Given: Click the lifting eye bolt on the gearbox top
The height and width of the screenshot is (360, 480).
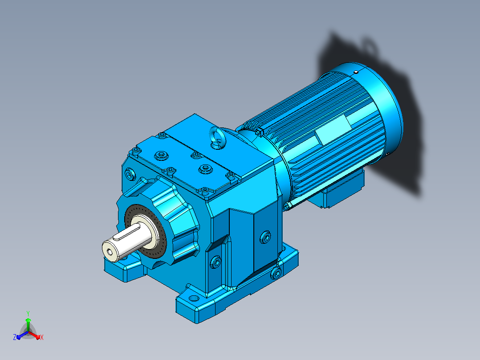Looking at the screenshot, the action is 216,137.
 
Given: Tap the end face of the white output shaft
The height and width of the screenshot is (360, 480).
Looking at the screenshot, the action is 110,251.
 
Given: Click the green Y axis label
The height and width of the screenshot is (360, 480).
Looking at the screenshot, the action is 28,313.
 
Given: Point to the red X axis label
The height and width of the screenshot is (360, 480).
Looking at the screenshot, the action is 42,337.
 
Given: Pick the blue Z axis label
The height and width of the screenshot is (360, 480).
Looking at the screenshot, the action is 14,337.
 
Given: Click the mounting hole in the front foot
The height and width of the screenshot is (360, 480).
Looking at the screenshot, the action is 194,298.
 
